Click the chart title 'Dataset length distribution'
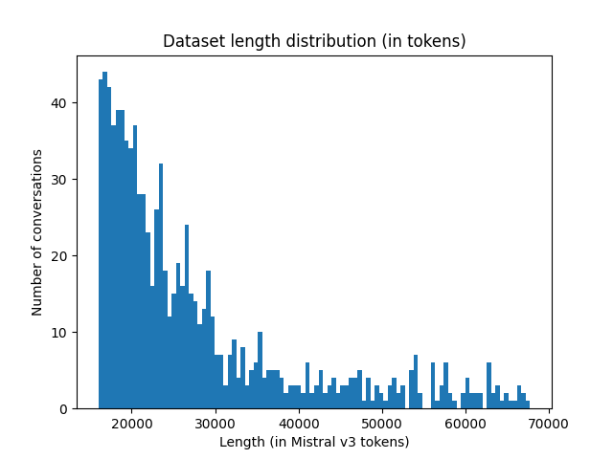[x=314, y=41]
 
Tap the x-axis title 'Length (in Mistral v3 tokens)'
[x=314, y=442]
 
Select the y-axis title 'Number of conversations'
[x=37, y=232]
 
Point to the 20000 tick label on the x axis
[x=132, y=423]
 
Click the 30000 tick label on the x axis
[x=216, y=423]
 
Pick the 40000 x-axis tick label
[x=299, y=423]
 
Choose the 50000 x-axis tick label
[x=382, y=423]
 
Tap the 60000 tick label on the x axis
[x=465, y=423]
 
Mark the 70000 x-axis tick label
[x=549, y=423]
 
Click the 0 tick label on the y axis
[x=64, y=409]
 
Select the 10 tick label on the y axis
[x=60, y=333]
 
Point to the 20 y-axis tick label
[x=60, y=256]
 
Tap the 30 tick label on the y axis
[x=60, y=180]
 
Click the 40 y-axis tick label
[x=60, y=103]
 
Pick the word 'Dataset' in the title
[x=191, y=41]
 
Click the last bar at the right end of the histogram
[x=527, y=404]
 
